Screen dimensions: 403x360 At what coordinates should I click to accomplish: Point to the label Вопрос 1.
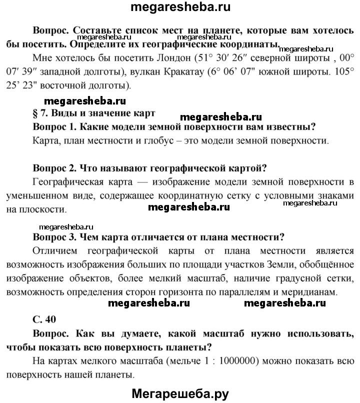click(x=53, y=127)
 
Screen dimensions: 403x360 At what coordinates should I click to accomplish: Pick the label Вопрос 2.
click(x=53, y=167)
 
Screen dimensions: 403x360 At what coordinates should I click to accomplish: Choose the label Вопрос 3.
click(x=53, y=236)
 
